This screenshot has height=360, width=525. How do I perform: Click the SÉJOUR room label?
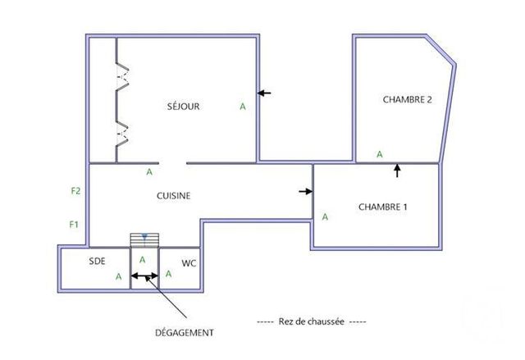(183, 106)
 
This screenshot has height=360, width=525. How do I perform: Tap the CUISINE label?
(174, 195)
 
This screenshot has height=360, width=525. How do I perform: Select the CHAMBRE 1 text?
(383, 207)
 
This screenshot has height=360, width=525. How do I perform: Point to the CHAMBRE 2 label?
(408, 99)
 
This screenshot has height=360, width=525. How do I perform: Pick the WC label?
(188, 263)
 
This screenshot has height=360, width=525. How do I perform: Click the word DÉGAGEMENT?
(185, 332)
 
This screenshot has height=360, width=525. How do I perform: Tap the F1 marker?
(73, 224)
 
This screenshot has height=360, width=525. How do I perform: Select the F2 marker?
(75, 191)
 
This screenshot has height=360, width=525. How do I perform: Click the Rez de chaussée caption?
(311, 321)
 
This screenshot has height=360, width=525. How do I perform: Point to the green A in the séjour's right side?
(242, 107)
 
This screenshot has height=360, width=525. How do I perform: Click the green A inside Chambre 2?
(379, 153)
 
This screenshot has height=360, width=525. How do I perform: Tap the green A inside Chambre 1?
(325, 216)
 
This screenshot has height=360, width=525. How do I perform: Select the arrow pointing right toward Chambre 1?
(305, 191)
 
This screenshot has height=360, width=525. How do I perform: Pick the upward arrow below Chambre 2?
(398, 171)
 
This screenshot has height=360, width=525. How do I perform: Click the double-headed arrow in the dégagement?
(144, 276)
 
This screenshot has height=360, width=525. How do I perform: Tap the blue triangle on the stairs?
(144, 236)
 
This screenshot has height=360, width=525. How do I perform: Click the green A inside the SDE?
(119, 276)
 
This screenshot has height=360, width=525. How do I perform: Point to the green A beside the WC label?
(168, 274)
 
